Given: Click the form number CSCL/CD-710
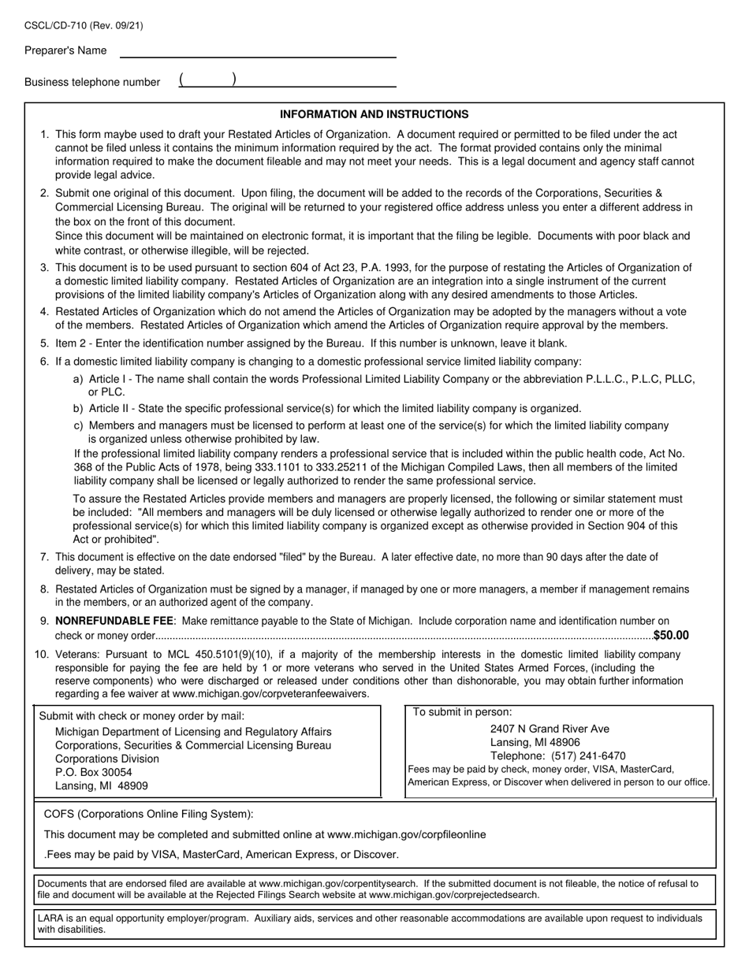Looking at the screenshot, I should tap(59, 26).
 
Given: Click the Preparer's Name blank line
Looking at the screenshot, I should tap(257, 51).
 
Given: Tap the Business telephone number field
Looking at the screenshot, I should tap(287, 80).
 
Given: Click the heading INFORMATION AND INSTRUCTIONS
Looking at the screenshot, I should tap(374, 114).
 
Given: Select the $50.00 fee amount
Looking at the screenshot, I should tap(671, 636).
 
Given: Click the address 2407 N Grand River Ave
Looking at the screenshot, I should tap(550, 729).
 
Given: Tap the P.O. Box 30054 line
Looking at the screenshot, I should tap(94, 772).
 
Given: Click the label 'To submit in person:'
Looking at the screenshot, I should tap(462, 712).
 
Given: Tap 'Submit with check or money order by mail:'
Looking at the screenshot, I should tap(142, 716).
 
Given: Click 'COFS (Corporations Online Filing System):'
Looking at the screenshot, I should tap(149, 815).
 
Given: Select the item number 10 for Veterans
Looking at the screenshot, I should tap(41, 654).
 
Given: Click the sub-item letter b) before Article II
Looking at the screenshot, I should tap(78, 409).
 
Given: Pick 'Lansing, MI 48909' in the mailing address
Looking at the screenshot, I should tap(101, 785).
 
